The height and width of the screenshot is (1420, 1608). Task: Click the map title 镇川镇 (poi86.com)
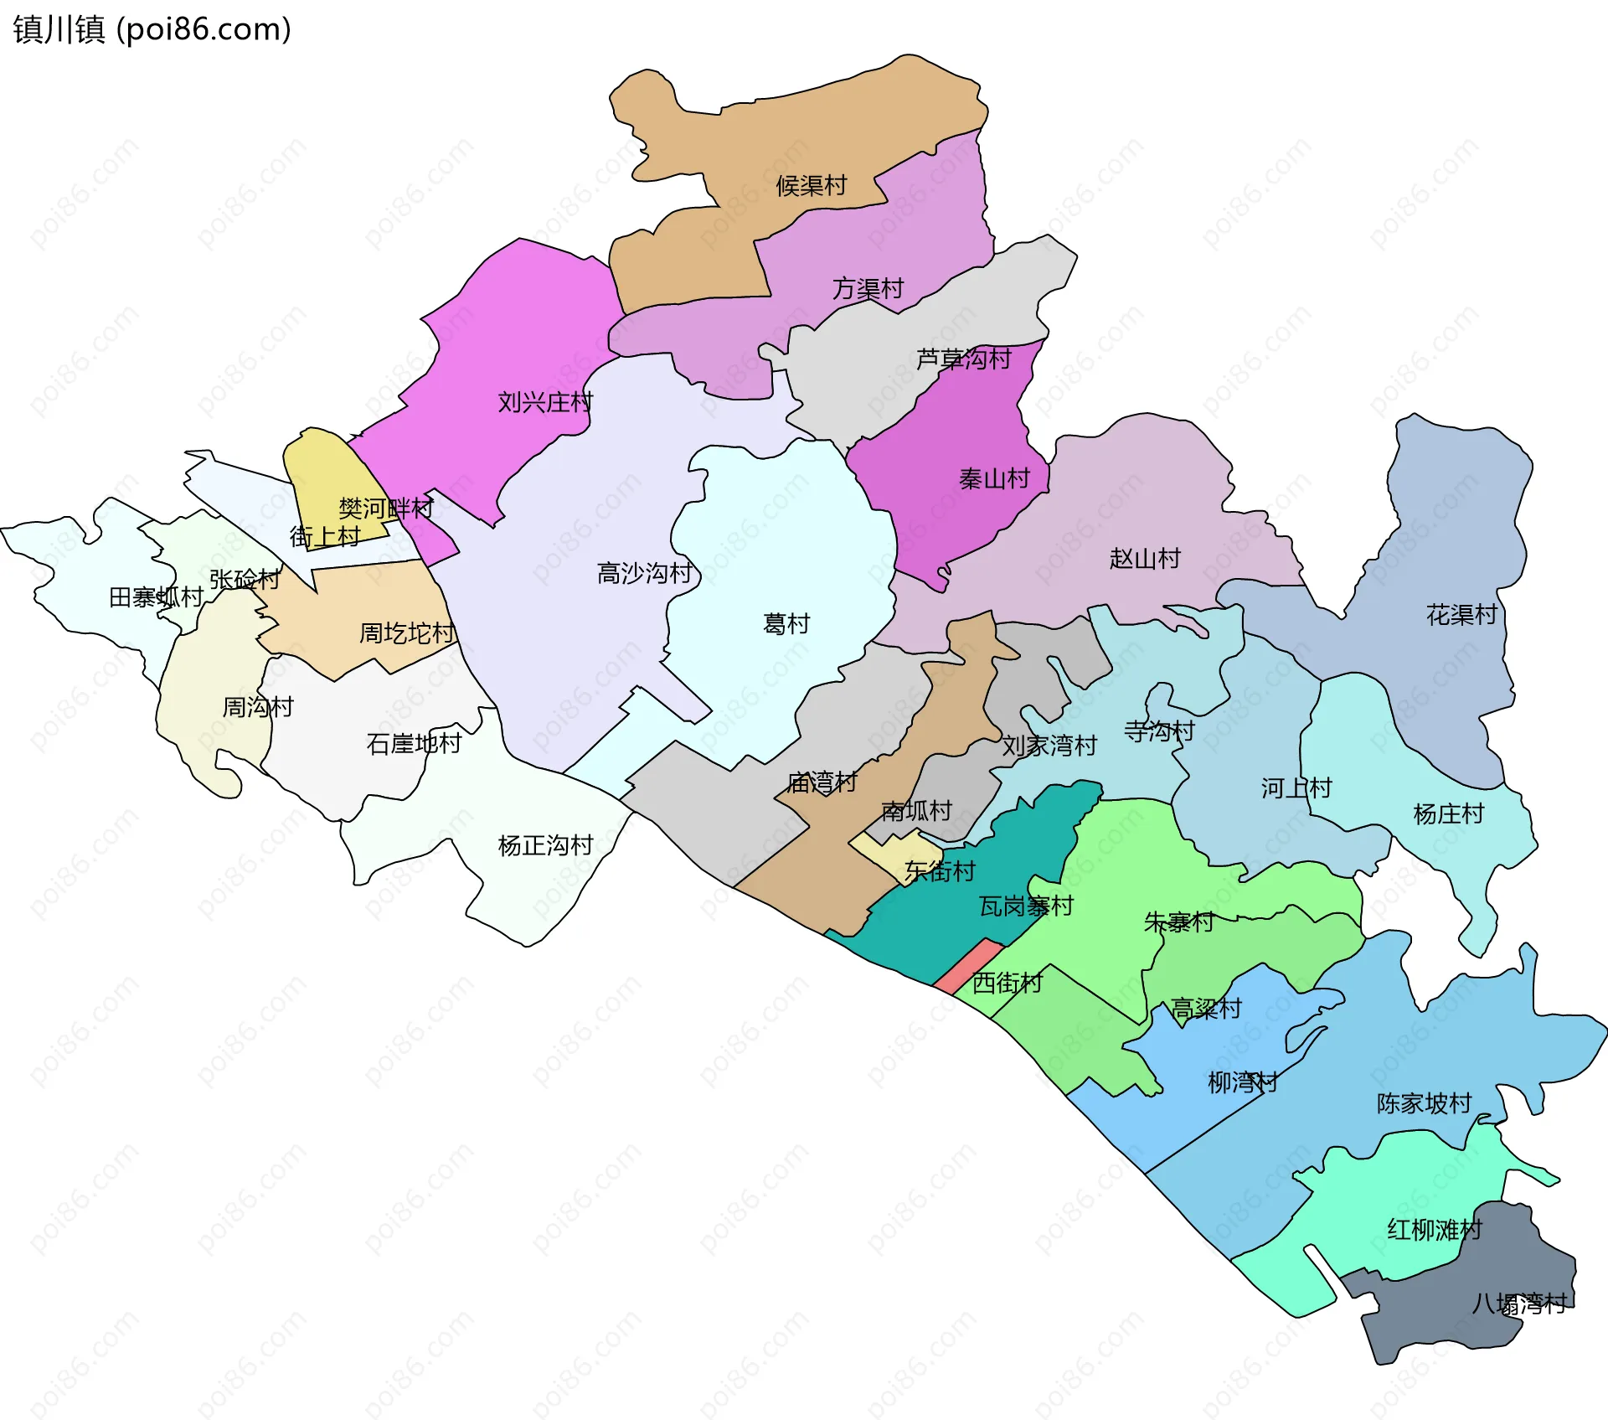point(152,29)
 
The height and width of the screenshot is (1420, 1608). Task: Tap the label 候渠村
point(811,186)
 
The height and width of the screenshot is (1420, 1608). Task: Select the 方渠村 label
point(868,289)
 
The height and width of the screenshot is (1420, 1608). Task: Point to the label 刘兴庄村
point(545,403)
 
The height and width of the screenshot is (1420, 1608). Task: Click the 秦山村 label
point(994,479)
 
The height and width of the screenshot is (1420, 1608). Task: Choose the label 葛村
point(786,624)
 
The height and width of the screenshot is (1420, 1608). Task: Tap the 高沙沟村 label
point(644,574)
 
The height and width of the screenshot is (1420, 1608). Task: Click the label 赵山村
point(1145,559)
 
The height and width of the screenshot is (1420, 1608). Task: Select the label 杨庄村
point(1448,814)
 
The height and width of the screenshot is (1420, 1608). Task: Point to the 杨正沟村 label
point(545,846)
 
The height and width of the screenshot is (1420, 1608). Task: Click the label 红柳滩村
point(1435,1231)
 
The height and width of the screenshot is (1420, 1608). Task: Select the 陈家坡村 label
point(1424,1104)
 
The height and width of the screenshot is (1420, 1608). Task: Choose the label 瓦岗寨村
point(1026,906)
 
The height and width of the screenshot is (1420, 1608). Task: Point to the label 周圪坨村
point(406,634)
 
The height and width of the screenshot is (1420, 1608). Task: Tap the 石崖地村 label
point(414,744)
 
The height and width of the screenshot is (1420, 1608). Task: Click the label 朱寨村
point(1179,923)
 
